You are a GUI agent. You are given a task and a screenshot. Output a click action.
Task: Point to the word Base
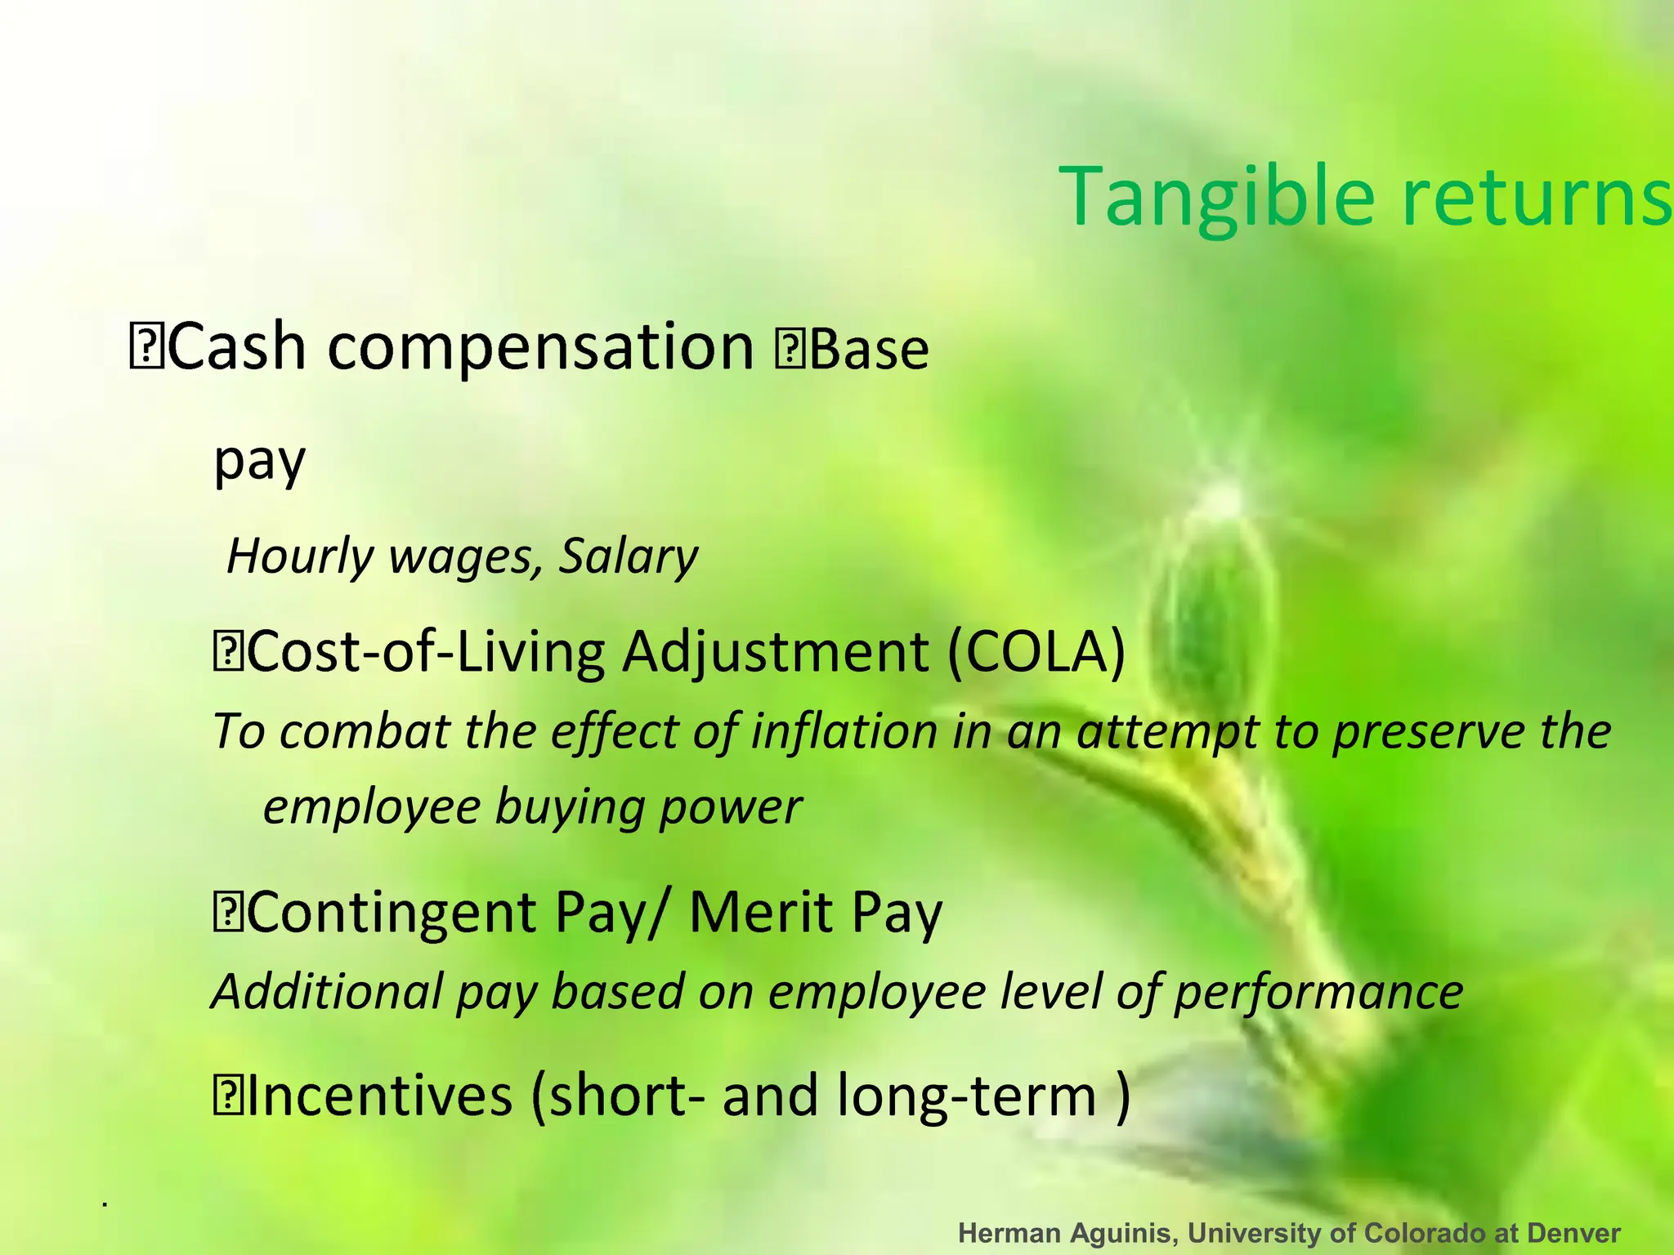tap(869, 350)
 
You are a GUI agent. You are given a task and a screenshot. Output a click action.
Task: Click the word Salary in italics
tap(628, 557)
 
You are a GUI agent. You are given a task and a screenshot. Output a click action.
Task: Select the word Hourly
tap(299, 557)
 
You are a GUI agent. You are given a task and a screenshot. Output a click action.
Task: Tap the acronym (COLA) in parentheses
tap(1036, 652)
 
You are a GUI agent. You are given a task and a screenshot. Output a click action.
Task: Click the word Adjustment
tap(775, 654)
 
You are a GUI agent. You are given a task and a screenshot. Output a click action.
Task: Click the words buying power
tap(648, 807)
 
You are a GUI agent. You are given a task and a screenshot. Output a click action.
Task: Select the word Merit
tap(760, 912)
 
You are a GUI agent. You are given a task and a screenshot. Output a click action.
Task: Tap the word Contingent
tap(391, 913)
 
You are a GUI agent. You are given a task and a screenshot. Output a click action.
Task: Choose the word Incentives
tap(379, 1096)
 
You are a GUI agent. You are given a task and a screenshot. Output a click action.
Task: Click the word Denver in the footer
tap(1573, 1233)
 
